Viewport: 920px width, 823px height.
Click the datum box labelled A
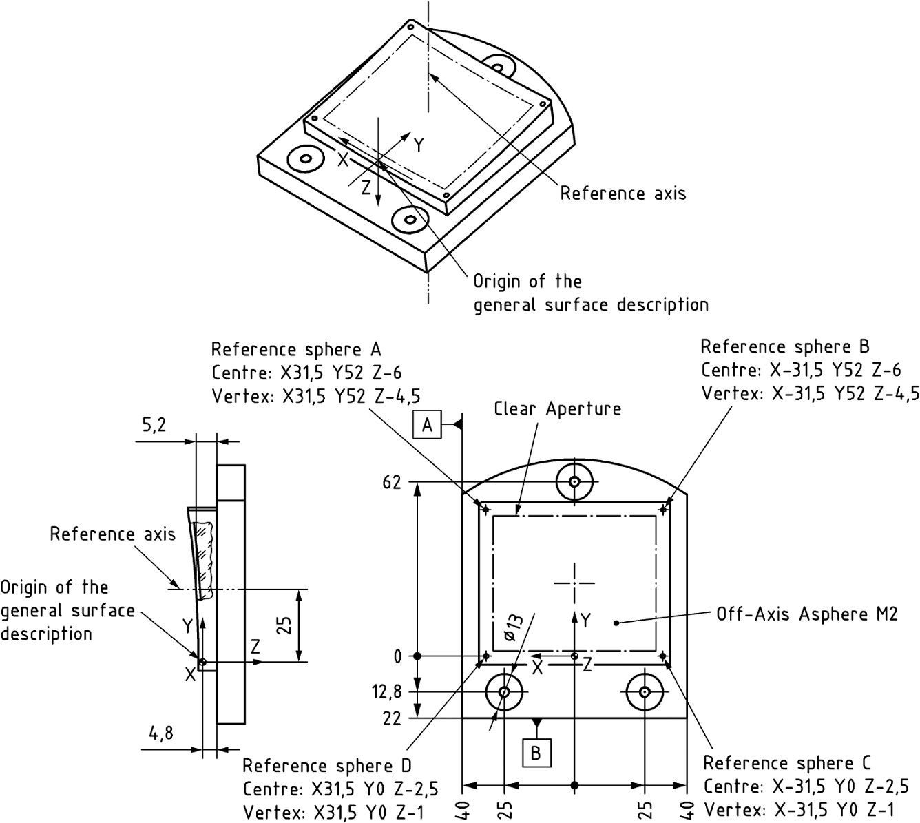tap(426, 426)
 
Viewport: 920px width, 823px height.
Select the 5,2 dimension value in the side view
tap(154, 426)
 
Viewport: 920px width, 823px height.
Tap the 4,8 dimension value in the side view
tap(160, 734)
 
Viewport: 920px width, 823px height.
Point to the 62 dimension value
tap(391, 482)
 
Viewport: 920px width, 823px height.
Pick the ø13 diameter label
tap(513, 627)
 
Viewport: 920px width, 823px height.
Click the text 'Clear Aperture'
tap(557, 408)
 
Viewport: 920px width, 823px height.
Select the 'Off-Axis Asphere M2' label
tap(806, 614)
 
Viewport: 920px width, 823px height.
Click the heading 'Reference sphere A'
tap(295, 348)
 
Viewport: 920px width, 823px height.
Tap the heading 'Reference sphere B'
tap(785, 346)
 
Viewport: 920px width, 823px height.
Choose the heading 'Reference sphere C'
tap(786, 763)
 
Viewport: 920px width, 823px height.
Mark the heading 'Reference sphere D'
tap(326, 766)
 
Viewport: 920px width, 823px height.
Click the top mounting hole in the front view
tap(574, 481)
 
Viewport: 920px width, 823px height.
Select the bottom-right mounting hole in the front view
tap(645, 691)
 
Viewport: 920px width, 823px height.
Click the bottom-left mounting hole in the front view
tap(505, 691)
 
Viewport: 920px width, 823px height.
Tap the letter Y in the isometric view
tap(418, 145)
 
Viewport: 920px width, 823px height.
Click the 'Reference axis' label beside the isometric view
tap(623, 194)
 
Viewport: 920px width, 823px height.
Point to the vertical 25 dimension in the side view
tap(287, 625)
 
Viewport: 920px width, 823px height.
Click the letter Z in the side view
tap(255, 647)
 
